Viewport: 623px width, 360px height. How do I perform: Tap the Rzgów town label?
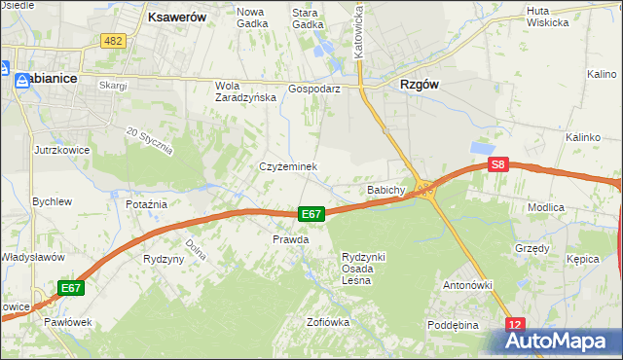coord(419,85)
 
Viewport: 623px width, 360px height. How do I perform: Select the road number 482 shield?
coord(113,41)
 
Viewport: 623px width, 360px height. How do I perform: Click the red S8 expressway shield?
coord(498,165)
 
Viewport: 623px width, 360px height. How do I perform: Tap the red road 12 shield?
coord(515,324)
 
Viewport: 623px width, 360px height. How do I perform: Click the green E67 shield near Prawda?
coord(311,214)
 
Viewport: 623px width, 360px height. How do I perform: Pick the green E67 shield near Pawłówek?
coord(70,288)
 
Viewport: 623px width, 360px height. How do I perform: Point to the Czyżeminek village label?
coord(288,167)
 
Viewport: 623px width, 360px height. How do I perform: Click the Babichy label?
coord(385,190)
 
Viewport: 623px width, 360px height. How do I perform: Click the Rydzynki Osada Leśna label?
coord(363,268)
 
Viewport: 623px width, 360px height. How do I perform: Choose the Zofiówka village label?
coord(327,322)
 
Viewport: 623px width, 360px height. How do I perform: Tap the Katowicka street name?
coord(359,29)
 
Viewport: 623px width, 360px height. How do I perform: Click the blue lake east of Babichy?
coord(482,147)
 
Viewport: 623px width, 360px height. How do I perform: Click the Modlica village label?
coord(573,208)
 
